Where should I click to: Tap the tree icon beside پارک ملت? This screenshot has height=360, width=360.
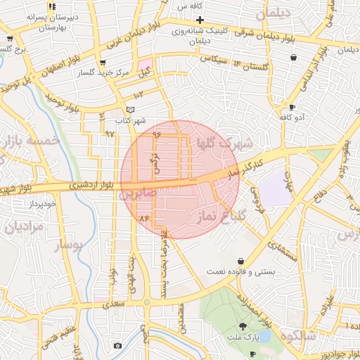click(243, 326)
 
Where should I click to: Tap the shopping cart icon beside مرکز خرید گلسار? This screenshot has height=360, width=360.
click(103, 63)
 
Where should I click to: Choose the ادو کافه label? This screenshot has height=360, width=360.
click(290, 117)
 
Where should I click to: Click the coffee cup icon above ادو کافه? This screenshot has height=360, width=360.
click(292, 107)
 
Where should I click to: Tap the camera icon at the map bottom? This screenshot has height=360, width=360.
click(117, 345)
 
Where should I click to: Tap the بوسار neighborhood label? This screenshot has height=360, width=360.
click(67, 245)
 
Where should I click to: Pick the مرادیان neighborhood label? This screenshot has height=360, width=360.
click(25, 227)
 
